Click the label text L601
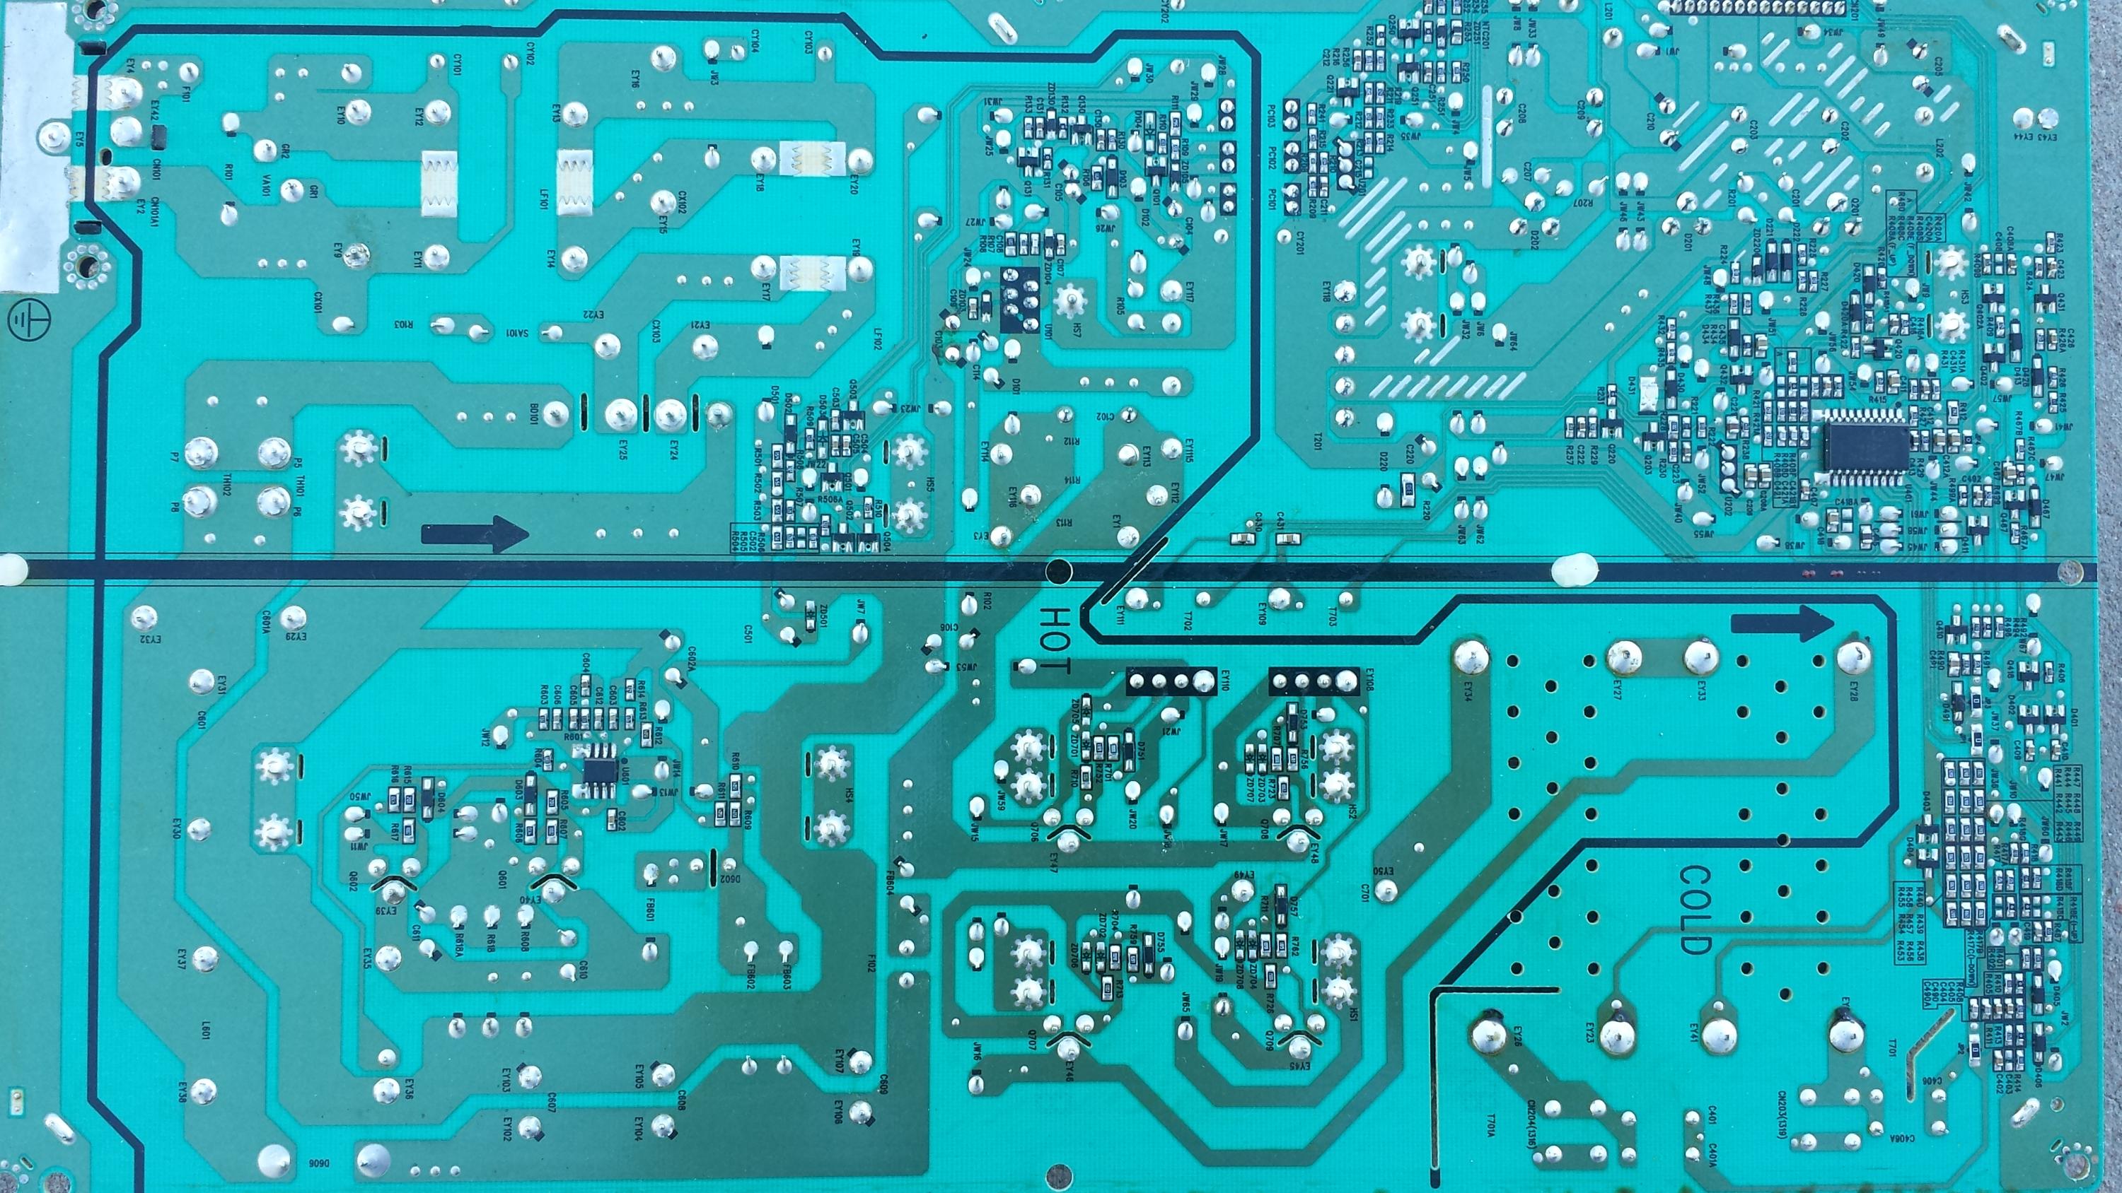206,1032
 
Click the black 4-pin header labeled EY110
1172,680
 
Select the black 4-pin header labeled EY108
1315,680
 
